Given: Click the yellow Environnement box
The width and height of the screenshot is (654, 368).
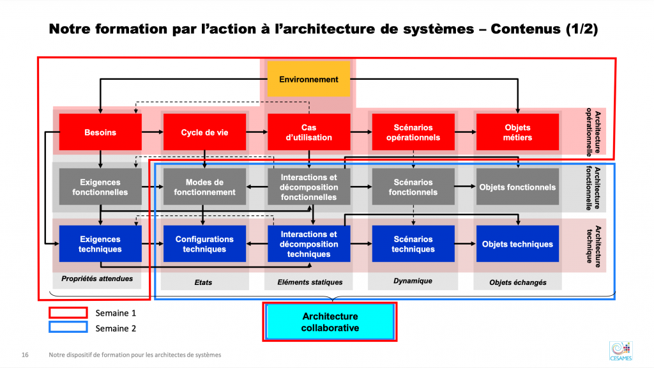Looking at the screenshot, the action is pyautogui.click(x=308, y=79).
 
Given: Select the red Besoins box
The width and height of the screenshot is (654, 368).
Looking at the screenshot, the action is pyautogui.click(x=100, y=132).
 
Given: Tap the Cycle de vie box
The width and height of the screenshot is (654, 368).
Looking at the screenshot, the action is pyautogui.click(x=204, y=132).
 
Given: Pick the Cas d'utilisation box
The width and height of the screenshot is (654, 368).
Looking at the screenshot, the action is pyautogui.click(x=309, y=132).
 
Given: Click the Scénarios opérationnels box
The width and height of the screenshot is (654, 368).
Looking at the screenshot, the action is pyautogui.click(x=413, y=132).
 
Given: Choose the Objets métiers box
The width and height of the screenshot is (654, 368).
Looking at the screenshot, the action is pyautogui.click(x=517, y=132).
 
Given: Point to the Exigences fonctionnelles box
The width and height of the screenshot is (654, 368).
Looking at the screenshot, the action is pyautogui.click(x=100, y=187).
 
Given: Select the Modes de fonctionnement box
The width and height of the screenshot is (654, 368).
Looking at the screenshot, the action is pyautogui.click(x=204, y=187).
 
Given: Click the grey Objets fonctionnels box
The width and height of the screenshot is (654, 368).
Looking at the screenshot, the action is pyautogui.click(x=517, y=187).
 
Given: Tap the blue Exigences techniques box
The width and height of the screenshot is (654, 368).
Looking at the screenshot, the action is pyautogui.click(x=100, y=244).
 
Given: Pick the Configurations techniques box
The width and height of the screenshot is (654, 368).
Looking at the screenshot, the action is pyautogui.click(x=204, y=244).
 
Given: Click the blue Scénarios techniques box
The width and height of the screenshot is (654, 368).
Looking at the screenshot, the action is pyautogui.click(x=413, y=244).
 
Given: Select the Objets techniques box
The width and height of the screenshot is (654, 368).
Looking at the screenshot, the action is pyautogui.click(x=517, y=244).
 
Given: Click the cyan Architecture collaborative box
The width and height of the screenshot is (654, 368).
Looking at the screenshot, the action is pyautogui.click(x=330, y=322).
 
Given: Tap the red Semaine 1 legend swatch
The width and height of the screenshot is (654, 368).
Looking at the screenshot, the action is pyautogui.click(x=68, y=312).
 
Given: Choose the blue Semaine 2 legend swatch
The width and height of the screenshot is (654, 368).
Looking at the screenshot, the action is pyautogui.click(x=68, y=327).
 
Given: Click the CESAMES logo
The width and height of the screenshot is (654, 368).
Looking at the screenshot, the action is pyautogui.click(x=621, y=351).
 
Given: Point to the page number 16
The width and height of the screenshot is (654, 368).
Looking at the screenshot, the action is pyautogui.click(x=25, y=355).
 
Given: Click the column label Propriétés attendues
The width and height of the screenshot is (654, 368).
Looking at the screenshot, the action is pyautogui.click(x=97, y=279).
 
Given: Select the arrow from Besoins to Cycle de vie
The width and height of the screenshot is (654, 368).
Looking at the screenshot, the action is pyautogui.click(x=153, y=132).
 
